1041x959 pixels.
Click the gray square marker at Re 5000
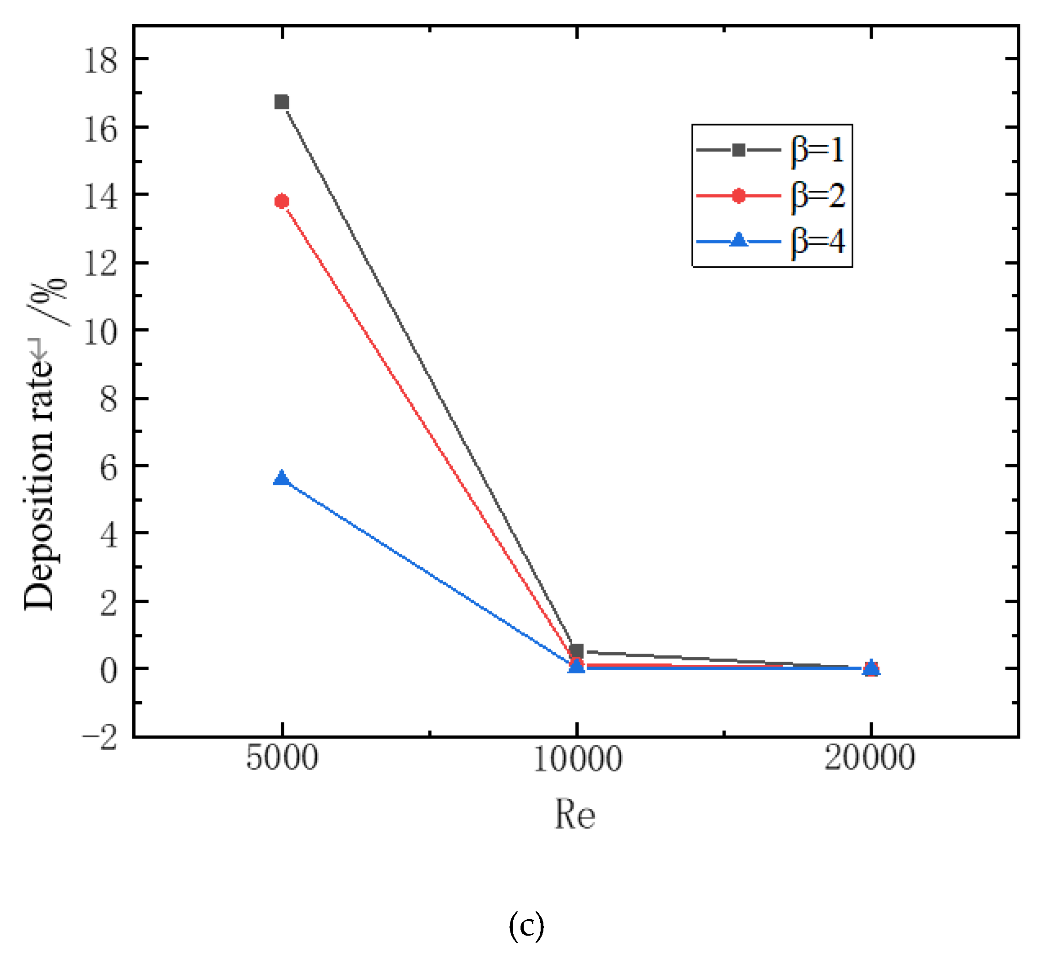click(x=282, y=102)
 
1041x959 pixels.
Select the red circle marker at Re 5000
click(x=282, y=201)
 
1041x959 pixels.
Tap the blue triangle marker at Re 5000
click(x=282, y=477)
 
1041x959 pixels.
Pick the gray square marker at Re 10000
click(x=576, y=651)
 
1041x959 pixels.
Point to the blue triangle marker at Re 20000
click(x=871, y=667)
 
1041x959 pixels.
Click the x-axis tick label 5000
click(x=282, y=759)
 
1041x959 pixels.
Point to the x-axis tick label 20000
click(x=870, y=759)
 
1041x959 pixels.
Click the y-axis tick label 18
click(x=101, y=61)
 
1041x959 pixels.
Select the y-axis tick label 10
click(x=101, y=332)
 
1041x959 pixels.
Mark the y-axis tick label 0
click(x=108, y=671)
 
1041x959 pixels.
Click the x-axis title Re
click(x=575, y=815)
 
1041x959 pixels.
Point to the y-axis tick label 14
click(x=101, y=197)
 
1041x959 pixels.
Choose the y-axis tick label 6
click(x=108, y=468)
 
